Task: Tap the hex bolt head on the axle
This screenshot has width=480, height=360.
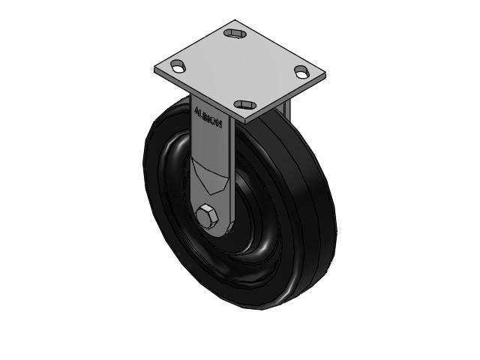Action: click(x=208, y=218)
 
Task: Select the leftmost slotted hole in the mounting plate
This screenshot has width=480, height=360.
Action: click(x=178, y=67)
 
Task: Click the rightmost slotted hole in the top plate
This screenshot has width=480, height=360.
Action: click(x=301, y=72)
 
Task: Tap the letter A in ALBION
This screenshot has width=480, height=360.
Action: click(x=197, y=110)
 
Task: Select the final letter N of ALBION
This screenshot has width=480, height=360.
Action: click(x=218, y=124)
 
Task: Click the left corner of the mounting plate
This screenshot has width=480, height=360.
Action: click(x=156, y=70)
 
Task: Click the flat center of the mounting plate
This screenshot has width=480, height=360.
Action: click(x=240, y=69)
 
